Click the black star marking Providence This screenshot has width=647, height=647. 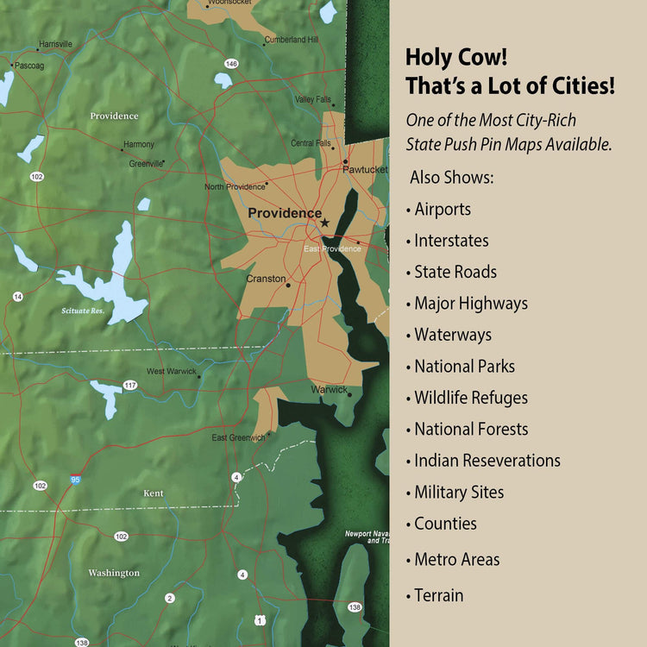[324, 223]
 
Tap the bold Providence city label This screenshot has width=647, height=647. [284, 213]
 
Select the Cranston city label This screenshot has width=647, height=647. [265, 280]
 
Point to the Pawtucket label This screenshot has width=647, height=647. [365, 170]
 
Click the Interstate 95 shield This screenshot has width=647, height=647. [76, 478]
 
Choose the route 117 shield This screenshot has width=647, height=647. [130, 385]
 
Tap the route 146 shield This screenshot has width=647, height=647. [230, 64]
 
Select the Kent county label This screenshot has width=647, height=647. [154, 493]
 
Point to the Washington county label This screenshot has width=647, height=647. [113, 573]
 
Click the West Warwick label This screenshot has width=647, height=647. [171, 372]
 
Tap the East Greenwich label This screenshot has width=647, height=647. [238, 438]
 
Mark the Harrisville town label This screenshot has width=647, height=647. [55, 44]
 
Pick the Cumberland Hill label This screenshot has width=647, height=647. [292, 40]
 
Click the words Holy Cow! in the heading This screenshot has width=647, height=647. [456, 59]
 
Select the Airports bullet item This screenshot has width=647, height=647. [442, 209]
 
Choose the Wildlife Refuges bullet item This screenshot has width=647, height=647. [470, 398]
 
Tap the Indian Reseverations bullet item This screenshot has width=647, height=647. [487, 461]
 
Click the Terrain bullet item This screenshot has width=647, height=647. [438, 595]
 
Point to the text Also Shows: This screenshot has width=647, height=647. [451, 177]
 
